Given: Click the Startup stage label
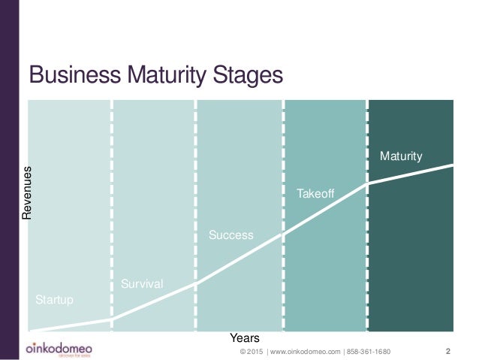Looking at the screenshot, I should click(55, 300).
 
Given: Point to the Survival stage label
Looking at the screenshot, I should click(142, 283).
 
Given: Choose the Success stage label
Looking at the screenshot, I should click(231, 235).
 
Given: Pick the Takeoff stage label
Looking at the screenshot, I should click(315, 194).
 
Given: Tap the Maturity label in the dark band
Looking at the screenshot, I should click(401, 156).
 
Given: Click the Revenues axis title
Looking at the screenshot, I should click(27, 193).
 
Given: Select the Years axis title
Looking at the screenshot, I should click(244, 338).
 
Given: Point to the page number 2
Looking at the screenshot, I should click(448, 351).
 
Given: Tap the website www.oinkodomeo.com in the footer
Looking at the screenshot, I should click(303, 351).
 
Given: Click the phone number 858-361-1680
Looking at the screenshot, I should click(368, 351).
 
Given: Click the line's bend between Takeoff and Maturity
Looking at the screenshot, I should click(368, 184).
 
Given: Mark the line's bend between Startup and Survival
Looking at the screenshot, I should click(112, 319).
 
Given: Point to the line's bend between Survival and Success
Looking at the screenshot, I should click(197, 283).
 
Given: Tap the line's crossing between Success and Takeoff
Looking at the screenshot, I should click(283, 234).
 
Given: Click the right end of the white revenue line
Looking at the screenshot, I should click(453, 165).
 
